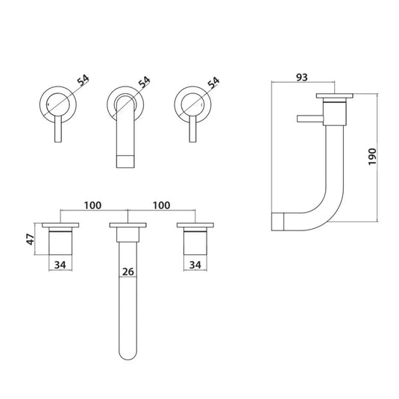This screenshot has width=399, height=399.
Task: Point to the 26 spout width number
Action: coord(128,274)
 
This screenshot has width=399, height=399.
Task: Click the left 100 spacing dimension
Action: coord(92,204)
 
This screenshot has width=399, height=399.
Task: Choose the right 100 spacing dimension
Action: coord(160,204)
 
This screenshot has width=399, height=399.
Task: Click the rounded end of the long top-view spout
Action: coord(126,349)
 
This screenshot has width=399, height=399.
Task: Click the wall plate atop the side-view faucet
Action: coord(336,96)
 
